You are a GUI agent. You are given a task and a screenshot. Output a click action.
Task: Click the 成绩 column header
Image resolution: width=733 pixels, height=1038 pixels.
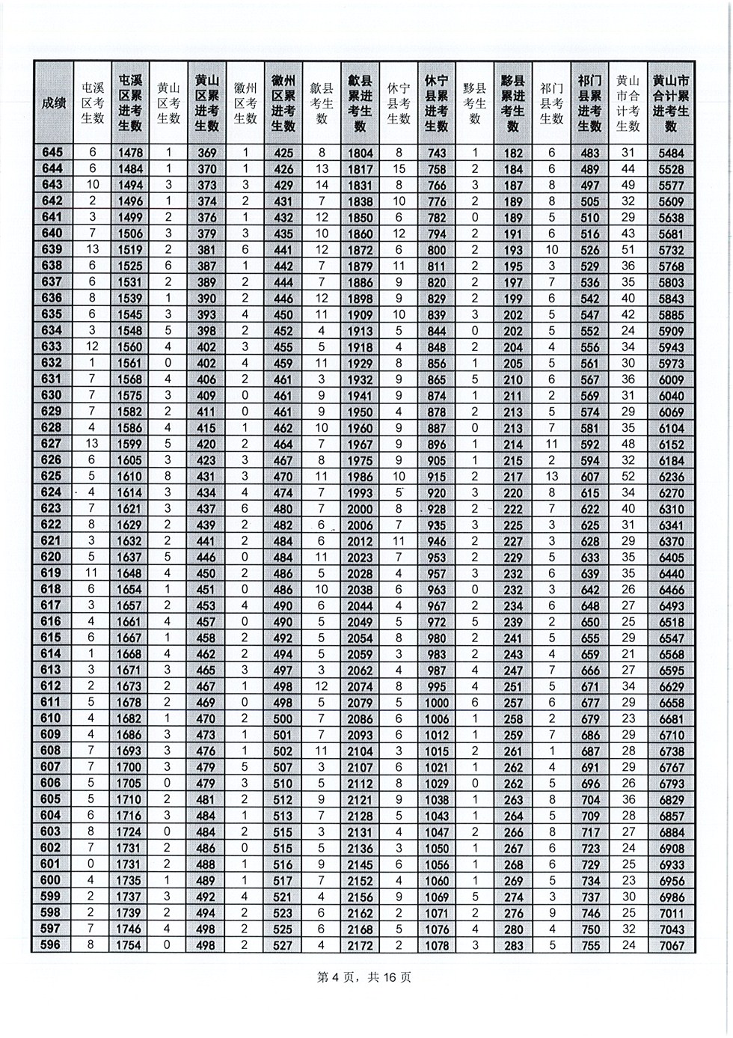point(53,103)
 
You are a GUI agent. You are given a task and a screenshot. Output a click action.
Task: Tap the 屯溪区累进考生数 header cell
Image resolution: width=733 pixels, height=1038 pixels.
point(130,103)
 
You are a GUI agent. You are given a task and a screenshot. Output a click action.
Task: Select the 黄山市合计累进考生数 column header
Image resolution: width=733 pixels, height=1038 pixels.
point(670,103)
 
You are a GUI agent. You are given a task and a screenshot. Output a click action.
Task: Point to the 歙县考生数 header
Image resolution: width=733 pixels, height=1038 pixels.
point(322,103)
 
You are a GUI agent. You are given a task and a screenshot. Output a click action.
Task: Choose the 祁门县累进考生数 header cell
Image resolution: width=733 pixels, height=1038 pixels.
point(589,103)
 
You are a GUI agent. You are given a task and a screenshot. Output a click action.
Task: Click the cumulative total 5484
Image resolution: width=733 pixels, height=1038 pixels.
point(670,153)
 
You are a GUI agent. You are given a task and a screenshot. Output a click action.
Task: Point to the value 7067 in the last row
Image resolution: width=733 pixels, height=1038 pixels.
point(670,945)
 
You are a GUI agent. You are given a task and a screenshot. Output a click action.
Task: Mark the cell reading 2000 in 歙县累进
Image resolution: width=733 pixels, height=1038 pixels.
point(360,509)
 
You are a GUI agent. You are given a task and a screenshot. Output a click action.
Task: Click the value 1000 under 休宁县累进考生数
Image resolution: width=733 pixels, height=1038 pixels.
point(436,703)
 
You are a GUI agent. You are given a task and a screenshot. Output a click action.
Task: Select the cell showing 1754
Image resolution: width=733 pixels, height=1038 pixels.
point(130,945)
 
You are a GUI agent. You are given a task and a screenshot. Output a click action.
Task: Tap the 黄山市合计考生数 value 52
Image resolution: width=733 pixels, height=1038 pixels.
point(628,477)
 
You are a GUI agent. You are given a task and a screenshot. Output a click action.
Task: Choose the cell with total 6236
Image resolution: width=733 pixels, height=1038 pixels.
point(670,477)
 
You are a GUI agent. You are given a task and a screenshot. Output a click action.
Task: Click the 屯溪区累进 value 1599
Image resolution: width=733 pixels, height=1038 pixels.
point(130,444)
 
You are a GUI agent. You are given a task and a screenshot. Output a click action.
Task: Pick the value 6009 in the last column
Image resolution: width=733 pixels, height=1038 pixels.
point(670,379)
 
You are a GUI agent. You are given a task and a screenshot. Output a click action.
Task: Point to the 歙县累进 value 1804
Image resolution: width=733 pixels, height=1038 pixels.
point(360,153)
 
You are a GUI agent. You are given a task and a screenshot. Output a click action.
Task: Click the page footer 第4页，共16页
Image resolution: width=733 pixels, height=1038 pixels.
point(366,977)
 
